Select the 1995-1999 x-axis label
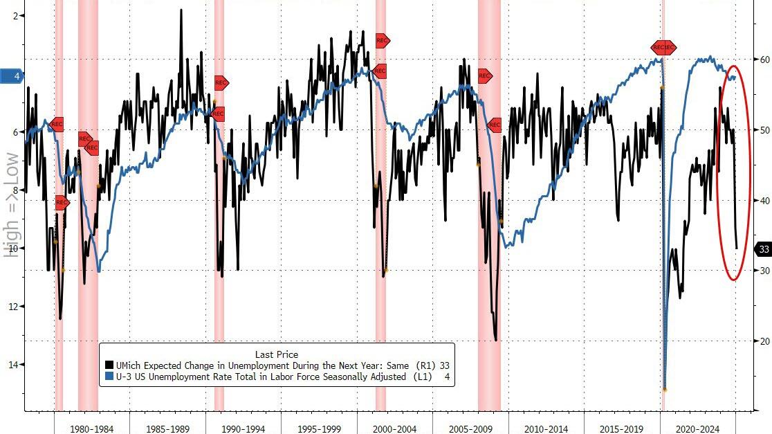[x=319, y=429]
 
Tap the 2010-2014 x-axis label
[x=546, y=429]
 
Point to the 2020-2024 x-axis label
[x=698, y=429]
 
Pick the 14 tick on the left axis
[x=15, y=364]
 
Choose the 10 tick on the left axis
[x=15, y=248]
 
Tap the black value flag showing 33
[x=764, y=249]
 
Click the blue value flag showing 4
[x=15, y=76]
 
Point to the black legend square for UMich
[x=109, y=365]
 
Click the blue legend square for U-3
[x=109, y=377]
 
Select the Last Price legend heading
[x=277, y=354]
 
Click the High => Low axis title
[x=10, y=206]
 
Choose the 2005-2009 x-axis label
[x=470, y=429]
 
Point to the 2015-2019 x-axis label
[x=622, y=429]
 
